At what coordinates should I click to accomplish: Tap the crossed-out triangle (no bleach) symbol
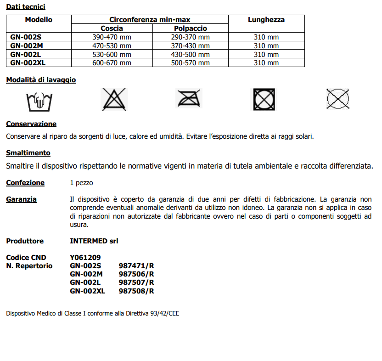point(113,99)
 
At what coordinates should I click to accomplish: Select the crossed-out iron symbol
point(189,99)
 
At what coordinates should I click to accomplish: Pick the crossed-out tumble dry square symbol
point(264,99)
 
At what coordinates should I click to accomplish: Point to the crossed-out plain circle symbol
point(338,99)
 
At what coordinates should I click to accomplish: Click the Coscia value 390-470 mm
point(112,37)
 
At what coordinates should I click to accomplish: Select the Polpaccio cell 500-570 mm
point(190,63)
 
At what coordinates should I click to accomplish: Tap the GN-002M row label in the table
point(26,46)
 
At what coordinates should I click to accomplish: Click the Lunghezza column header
point(266,20)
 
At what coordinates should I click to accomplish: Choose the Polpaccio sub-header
point(190,28)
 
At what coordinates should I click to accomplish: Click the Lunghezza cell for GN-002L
point(266,54)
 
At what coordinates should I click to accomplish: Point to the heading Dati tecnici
point(26,7)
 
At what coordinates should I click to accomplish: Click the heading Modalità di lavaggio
point(41,80)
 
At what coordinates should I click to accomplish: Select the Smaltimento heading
point(28,153)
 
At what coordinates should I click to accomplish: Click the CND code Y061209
point(85,258)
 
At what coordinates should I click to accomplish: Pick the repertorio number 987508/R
point(136,291)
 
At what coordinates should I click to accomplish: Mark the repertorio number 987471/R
point(136,266)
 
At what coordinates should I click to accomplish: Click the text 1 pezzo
point(81,183)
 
